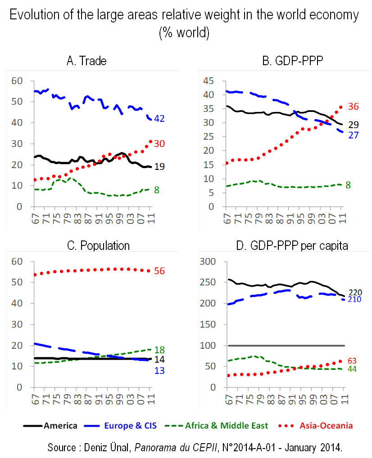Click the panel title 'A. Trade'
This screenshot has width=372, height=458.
86,61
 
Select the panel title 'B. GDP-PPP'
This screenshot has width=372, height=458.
284,61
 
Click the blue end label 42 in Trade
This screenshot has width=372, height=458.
159,119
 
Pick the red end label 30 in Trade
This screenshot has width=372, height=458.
159,143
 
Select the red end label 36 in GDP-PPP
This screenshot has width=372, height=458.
353,107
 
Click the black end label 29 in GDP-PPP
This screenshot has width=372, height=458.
353,125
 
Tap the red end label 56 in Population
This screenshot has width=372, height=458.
159,271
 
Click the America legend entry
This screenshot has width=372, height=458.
50,425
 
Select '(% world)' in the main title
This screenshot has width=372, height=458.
184,33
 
